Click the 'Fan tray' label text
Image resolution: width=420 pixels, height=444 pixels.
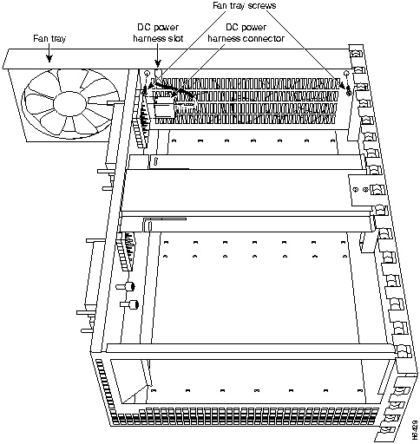pos(50,39)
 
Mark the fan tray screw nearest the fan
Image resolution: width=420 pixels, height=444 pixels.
pos(147,74)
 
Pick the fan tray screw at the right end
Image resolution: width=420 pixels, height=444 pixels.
pos(346,75)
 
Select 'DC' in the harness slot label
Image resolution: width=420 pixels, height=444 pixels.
pos(141,27)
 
